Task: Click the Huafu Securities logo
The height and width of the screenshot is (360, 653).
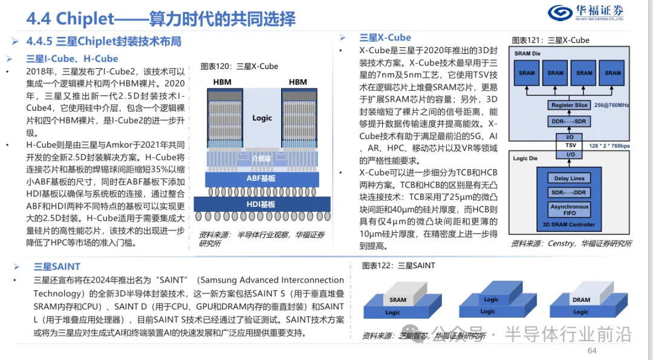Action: coord(585,13)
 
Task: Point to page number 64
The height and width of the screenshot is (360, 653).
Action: coord(591,352)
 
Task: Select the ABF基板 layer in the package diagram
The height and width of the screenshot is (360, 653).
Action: coord(261,178)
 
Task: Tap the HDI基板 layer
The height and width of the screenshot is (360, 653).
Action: coord(261,205)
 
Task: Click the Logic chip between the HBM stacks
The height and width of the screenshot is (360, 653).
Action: coord(262,118)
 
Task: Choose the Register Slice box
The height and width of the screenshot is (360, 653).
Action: coord(569,105)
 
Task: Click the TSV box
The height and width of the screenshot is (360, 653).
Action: coord(570,146)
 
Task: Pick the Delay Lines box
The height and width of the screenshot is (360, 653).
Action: coord(569,178)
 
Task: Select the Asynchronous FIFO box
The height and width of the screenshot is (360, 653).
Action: coord(569,209)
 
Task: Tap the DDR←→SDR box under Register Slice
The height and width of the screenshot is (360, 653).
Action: coord(569,121)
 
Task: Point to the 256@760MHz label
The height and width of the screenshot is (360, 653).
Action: coord(611,105)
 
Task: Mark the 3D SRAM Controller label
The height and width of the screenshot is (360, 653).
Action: coord(569,224)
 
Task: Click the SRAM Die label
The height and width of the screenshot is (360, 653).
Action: coord(527,53)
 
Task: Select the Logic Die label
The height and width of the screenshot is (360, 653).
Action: coord(525,159)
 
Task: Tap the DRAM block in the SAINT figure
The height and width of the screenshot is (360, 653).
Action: coord(581,299)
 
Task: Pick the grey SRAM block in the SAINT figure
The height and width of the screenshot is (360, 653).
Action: coord(398,299)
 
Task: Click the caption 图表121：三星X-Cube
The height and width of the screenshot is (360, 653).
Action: coord(550,41)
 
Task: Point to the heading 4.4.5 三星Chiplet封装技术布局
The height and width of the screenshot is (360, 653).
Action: coord(103,42)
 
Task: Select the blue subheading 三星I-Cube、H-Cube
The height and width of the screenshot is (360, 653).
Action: coord(73,59)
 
